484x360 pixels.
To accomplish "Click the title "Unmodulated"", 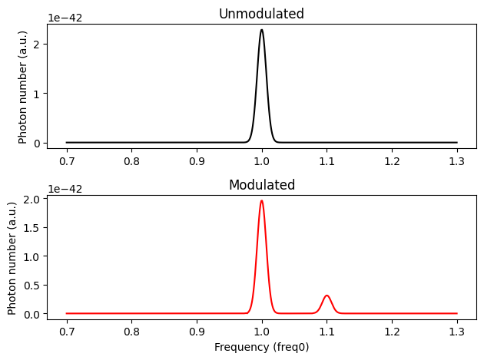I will pyautogui.click(x=261, y=14).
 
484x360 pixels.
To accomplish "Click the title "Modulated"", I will pyautogui.click(x=261, y=185).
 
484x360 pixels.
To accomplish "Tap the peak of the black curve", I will pyautogui.click(x=262, y=31).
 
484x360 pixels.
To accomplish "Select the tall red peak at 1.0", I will pyautogui.click(x=262, y=201).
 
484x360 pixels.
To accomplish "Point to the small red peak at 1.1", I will pyautogui.click(x=327, y=296).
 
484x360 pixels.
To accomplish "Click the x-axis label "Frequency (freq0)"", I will pyautogui.click(x=261, y=346).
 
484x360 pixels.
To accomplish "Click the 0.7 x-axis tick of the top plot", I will pyautogui.click(x=66, y=162).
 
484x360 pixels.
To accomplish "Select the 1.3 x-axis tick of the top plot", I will pyautogui.click(x=457, y=162).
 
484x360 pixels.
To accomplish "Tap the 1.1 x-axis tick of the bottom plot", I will pyautogui.click(x=327, y=333).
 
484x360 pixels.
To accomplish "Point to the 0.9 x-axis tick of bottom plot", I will pyautogui.click(x=197, y=333).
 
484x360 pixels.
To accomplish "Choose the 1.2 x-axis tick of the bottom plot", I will pyautogui.click(x=392, y=333).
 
